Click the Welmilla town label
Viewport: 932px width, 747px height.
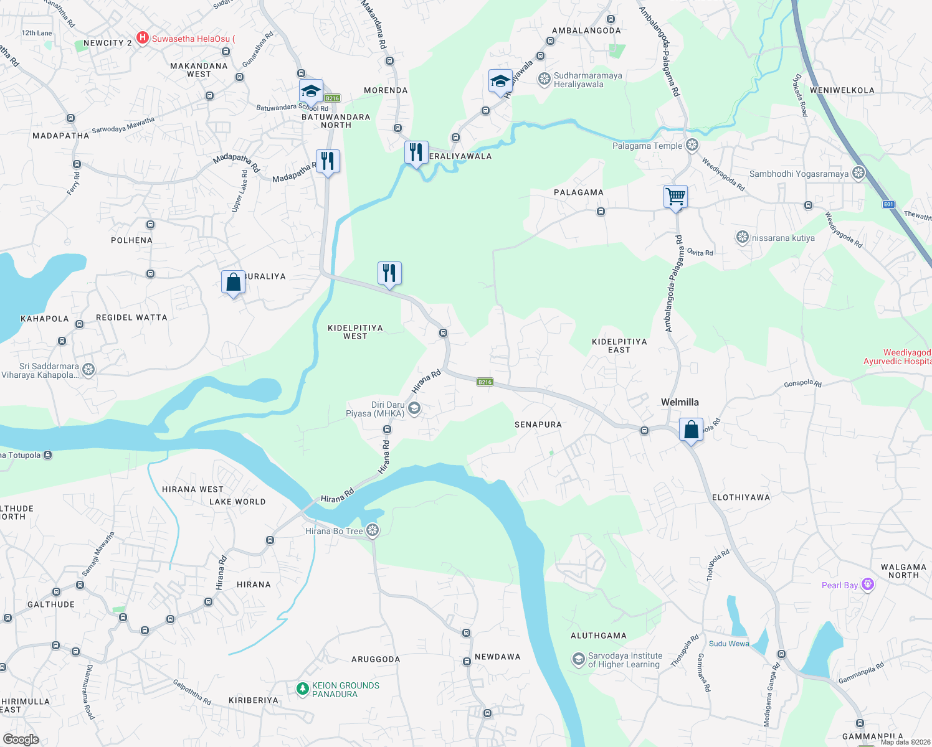coord(680,402)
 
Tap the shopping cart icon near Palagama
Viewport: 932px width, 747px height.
coord(675,197)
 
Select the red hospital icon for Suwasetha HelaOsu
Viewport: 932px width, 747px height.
coord(143,39)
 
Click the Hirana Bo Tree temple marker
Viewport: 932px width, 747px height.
coord(373,530)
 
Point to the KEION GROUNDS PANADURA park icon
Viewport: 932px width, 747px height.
coord(303,688)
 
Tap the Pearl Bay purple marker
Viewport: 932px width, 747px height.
coord(868,585)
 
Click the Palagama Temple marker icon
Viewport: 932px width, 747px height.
coord(692,146)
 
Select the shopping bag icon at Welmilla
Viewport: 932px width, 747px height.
coord(691,430)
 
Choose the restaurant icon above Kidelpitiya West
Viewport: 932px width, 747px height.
coord(389,273)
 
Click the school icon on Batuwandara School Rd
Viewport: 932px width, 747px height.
coord(311,91)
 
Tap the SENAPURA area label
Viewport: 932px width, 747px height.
coord(538,425)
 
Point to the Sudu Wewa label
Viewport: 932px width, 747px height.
coord(729,644)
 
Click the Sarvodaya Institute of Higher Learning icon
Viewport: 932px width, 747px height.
coord(579,659)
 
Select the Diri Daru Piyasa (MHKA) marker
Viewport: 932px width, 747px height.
coord(414,409)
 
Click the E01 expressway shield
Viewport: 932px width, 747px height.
coord(888,204)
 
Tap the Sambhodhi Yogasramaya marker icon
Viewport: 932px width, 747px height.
coord(858,173)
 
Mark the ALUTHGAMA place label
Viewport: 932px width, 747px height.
coord(599,636)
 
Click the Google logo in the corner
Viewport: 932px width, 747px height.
coord(21,740)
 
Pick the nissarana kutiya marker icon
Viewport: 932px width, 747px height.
coord(742,237)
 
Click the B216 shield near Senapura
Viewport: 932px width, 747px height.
coord(485,382)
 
